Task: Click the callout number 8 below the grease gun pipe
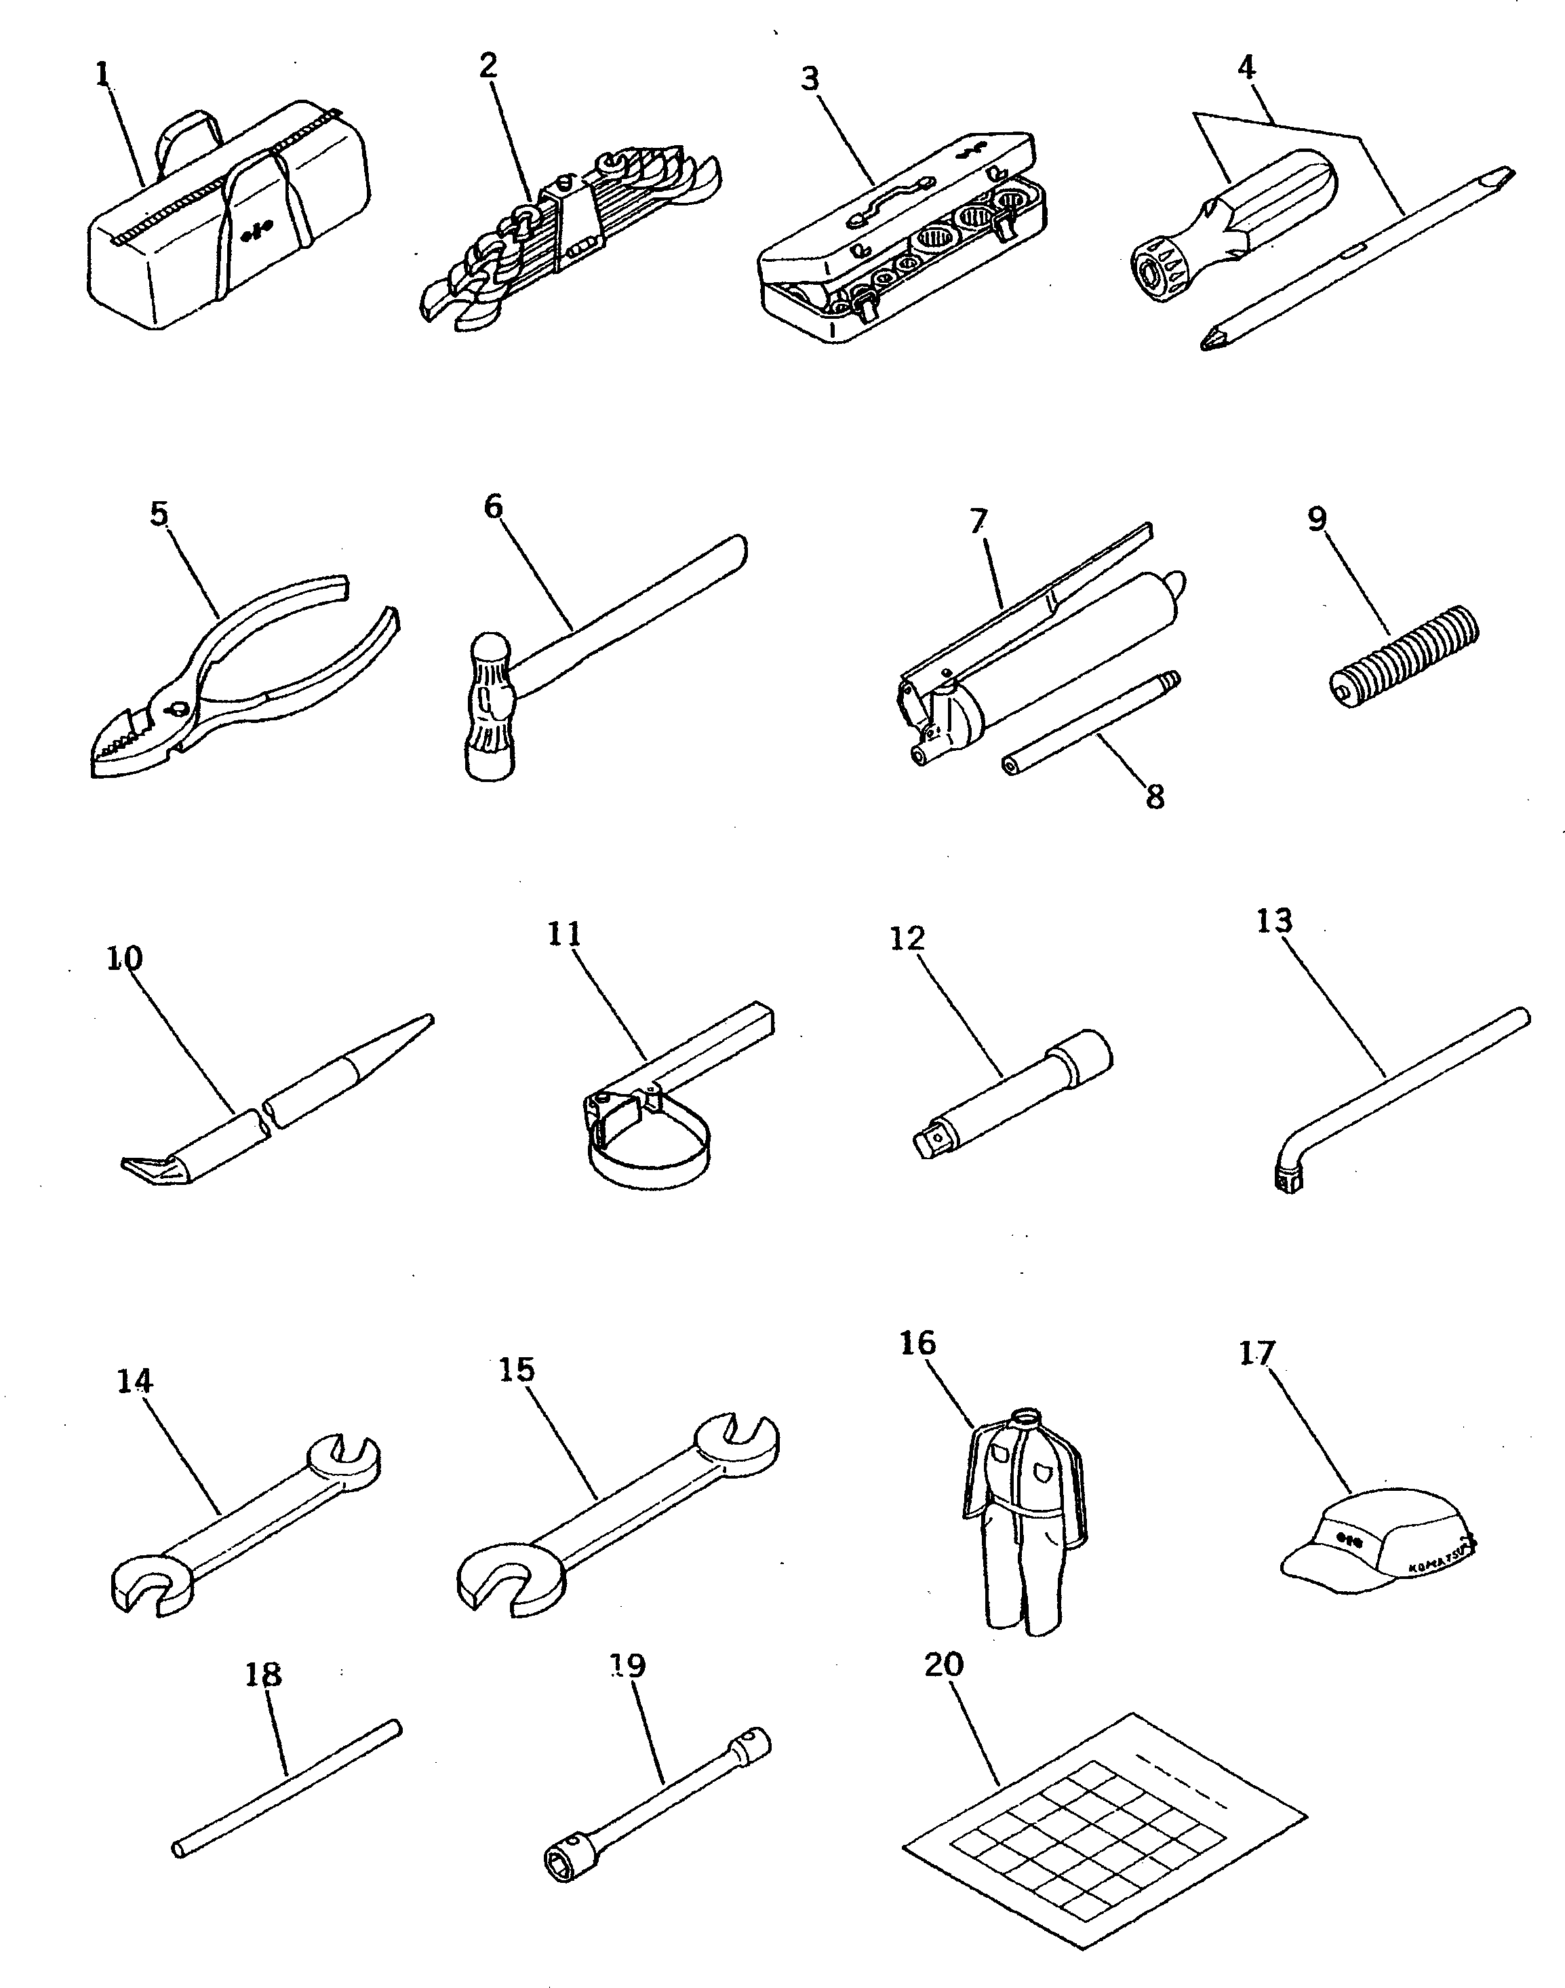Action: point(1155,796)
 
